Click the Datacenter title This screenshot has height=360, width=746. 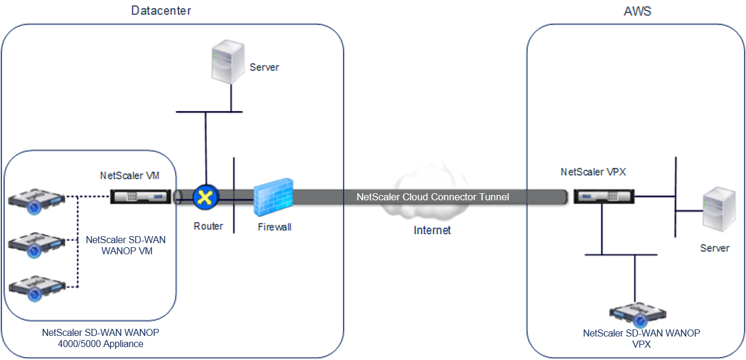(161, 11)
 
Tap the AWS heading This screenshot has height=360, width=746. (637, 11)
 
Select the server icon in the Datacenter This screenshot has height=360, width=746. (228, 62)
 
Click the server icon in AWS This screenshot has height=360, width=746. (719, 209)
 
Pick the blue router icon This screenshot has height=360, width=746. (205, 197)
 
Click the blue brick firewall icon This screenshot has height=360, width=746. (274, 197)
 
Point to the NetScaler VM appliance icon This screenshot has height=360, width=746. (140, 197)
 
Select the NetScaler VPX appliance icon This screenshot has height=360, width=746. (604, 196)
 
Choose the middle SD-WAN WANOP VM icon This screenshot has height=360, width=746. (36, 245)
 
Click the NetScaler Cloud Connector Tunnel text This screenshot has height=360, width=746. (433, 197)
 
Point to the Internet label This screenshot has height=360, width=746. (432, 230)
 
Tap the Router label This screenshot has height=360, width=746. (208, 226)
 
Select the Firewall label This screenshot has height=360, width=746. (275, 227)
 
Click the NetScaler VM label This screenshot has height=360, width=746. (130, 176)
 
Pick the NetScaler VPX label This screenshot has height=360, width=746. (593, 171)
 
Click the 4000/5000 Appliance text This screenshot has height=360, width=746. (100, 344)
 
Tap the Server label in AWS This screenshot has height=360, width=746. (715, 248)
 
